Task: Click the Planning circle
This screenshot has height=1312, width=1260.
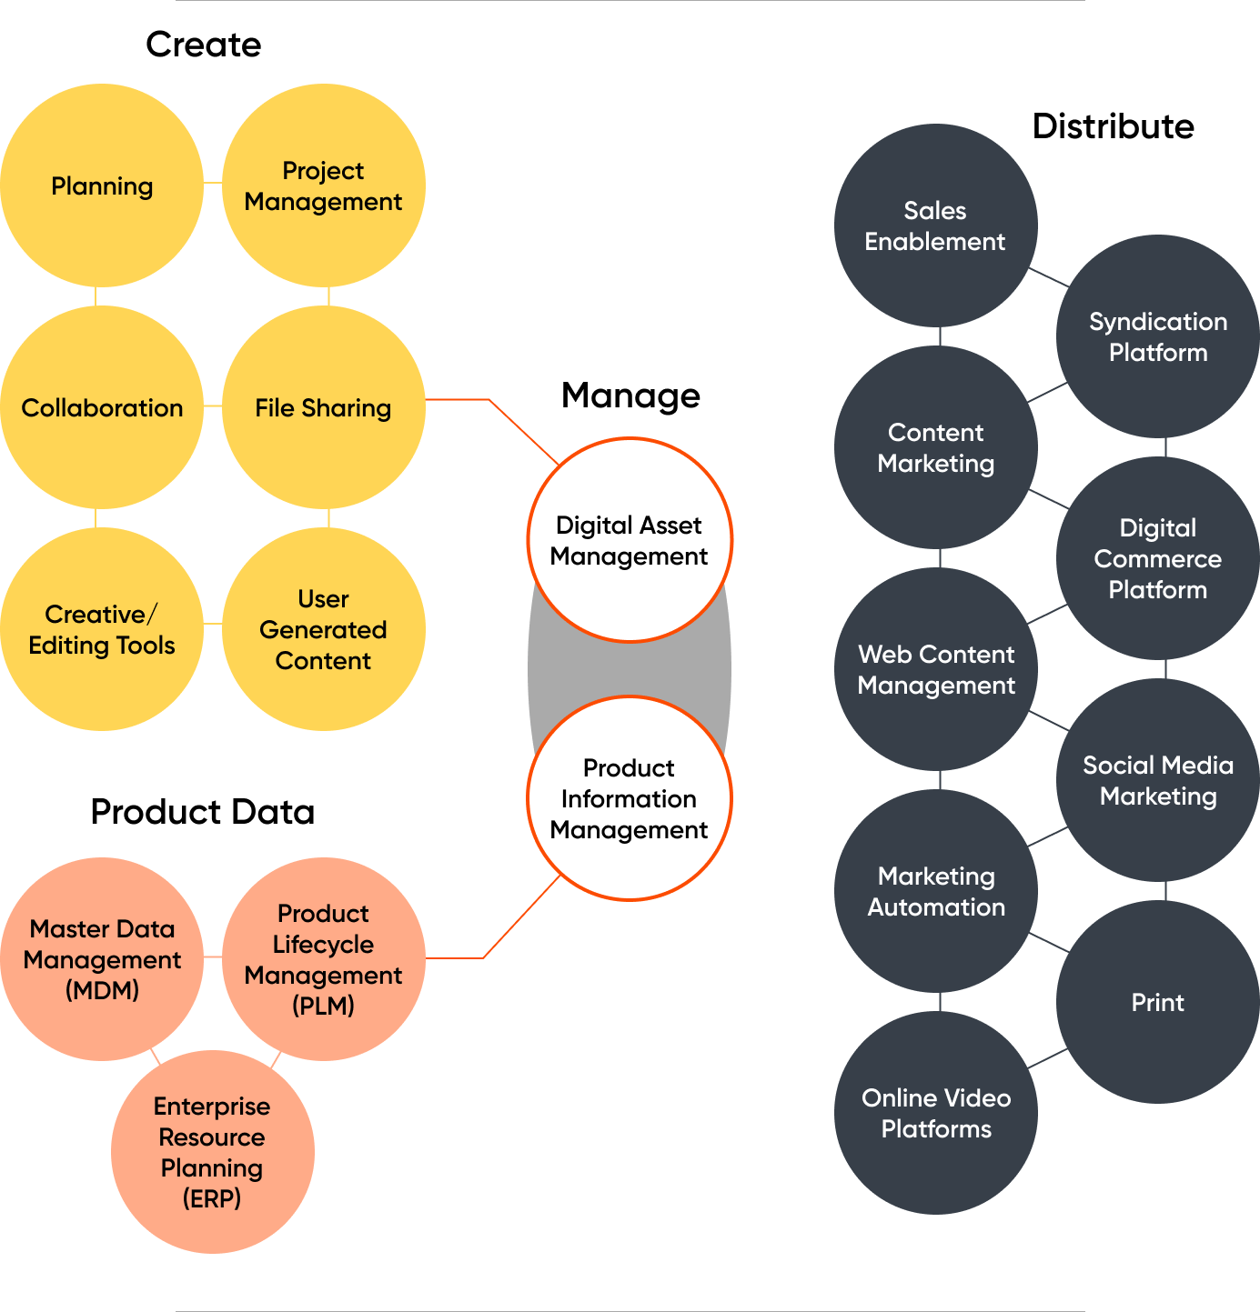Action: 102,186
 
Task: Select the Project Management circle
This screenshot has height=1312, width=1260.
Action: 323,186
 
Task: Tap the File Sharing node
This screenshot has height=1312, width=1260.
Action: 323,408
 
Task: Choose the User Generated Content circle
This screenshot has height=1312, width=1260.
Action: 323,629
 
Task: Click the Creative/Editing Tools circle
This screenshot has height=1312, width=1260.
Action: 102,629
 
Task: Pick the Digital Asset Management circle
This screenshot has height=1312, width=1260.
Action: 630,540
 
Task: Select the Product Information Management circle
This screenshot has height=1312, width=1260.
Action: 630,798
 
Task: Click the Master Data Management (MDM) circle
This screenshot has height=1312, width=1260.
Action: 102,959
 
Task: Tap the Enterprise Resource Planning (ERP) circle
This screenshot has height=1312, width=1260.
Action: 212,1152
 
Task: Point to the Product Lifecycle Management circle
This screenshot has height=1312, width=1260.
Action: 323,959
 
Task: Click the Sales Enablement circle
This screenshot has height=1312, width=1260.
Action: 935,225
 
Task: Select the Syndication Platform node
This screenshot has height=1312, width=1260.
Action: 1157,336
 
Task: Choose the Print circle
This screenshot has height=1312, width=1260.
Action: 1157,1002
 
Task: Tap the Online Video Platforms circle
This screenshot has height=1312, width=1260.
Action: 935,1113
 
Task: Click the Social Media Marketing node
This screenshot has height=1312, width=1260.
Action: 1157,780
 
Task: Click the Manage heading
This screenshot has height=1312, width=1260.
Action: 630,396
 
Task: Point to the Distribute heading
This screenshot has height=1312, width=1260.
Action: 1113,126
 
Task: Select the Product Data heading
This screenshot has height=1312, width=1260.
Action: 202,811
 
